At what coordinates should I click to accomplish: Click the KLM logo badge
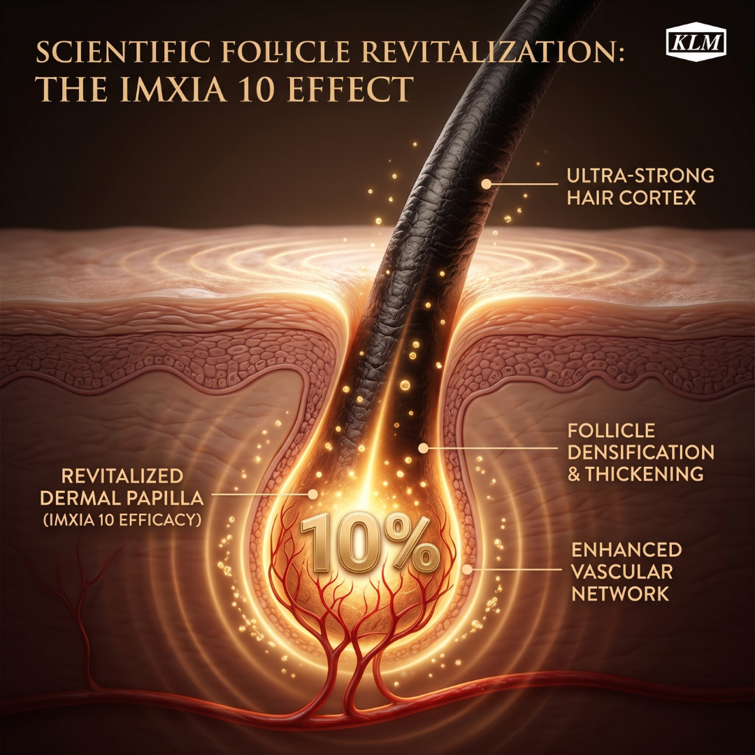point(696,43)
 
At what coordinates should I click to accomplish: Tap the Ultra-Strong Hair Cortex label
point(640,187)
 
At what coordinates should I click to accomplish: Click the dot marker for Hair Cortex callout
point(486,183)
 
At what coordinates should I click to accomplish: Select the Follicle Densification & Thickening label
point(640,452)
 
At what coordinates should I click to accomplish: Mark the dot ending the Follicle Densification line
point(423,448)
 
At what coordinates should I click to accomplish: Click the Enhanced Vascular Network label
point(626,572)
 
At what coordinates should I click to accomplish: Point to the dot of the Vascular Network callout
point(467,570)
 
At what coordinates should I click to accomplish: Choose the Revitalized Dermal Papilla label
point(122,487)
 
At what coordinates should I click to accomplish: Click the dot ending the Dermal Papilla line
point(313,494)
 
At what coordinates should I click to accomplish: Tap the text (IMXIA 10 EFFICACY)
point(122,520)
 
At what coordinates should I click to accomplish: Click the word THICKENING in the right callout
point(645,474)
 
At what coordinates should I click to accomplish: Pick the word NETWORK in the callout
point(620,594)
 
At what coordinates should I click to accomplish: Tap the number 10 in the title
point(257,89)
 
